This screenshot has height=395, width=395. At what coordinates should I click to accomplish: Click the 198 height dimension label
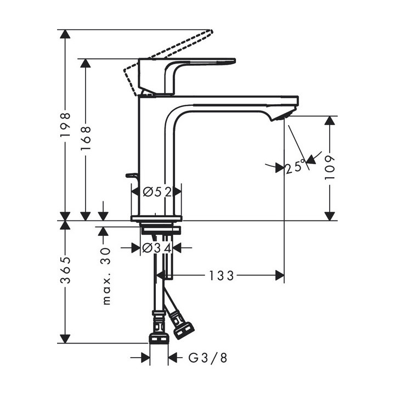65,125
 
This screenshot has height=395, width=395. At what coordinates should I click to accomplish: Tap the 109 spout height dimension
329,168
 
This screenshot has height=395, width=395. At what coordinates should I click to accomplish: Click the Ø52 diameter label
156,191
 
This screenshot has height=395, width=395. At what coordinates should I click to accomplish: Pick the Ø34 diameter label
156,248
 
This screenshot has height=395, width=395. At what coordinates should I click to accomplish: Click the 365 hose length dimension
65,270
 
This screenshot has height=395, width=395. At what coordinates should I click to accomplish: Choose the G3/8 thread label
207,358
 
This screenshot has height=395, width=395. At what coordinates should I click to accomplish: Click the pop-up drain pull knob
132,176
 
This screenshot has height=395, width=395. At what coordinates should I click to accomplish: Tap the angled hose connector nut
183,326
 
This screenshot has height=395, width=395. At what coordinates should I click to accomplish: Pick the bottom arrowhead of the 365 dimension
65,338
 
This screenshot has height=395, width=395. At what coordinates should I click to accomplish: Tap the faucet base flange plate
156,218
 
